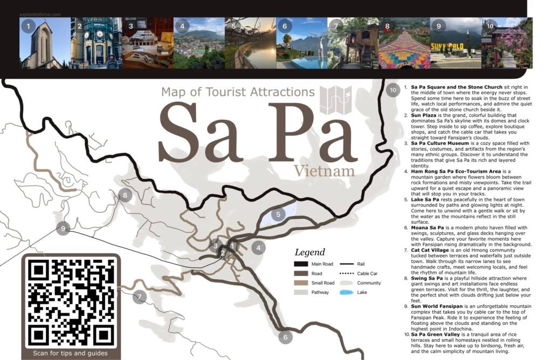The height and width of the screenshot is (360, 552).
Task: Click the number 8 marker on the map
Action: click(125, 196)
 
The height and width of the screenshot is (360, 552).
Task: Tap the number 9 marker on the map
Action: click(64, 229)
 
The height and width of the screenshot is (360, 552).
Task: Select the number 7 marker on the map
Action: click(140, 296)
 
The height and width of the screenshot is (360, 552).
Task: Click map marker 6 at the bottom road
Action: click(285, 337)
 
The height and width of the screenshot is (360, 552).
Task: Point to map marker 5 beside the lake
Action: click(278, 214)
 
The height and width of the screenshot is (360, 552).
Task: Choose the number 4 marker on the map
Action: click(259, 248)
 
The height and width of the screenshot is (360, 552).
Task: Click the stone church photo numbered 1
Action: click(45, 43)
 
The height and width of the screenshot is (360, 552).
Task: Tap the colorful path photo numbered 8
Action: click(404, 43)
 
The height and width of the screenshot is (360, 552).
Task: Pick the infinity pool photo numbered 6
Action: click(302, 43)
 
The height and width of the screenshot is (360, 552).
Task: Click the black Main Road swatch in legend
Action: click(301, 264)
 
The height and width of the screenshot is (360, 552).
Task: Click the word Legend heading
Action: click(310, 252)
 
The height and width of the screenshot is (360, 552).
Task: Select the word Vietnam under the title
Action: click(324, 171)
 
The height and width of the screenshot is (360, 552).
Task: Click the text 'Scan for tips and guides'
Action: click(70, 354)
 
